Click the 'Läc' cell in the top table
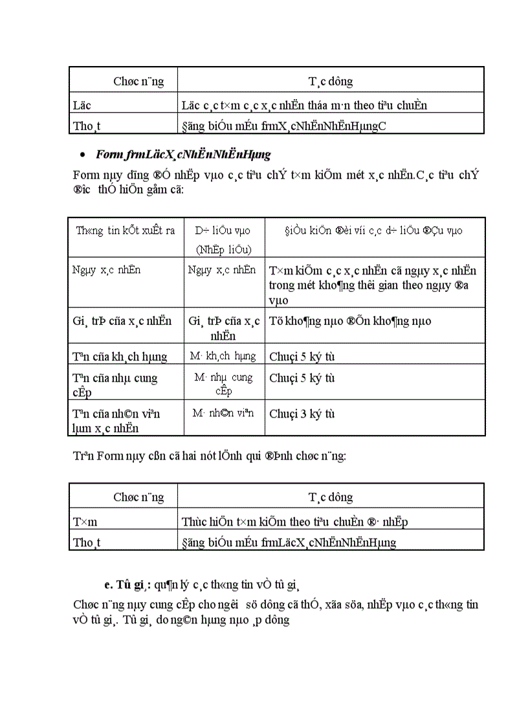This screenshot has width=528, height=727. pyautogui.click(x=82, y=104)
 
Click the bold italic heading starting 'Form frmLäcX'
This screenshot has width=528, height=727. pyautogui.click(x=183, y=155)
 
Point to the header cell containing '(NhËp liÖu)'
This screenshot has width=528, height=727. pyautogui.click(x=223, y=250)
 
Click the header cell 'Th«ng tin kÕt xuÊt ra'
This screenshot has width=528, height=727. pyautogui.click(x=126, y=230)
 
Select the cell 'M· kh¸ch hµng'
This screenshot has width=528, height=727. pyautogui.click(x=223, y=356)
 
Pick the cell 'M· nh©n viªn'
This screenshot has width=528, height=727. pyautogui.click(x=223, y=413)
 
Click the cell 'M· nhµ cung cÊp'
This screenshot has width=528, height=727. pyautogui.click(x=223, y=384)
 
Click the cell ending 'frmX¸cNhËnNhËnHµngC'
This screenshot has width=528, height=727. pyautogui.click(x=284, y=126)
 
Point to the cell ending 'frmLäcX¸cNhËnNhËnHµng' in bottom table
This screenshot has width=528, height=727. pyautogui.click(x=289, y=542)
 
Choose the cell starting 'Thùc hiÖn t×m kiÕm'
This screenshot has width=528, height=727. pyautogui.click(x=294, y=521)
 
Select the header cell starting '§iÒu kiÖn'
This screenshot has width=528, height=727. pyautogui.click(x=373, y=230)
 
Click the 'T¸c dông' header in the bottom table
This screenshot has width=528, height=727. pyautogui.click(x=330, y=497)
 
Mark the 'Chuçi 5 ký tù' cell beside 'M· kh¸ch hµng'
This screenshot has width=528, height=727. pyautogui.click(x=302, y=357)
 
